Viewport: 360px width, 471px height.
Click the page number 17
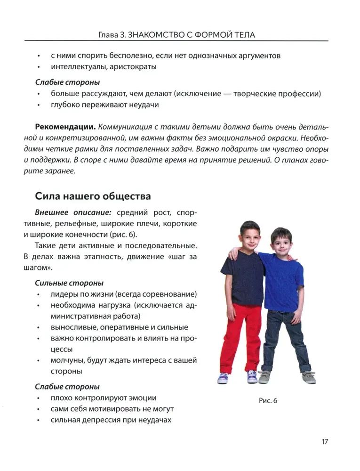pyautogui.click(x=325, y=441)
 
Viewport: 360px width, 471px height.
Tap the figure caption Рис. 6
pyautogui.click(x=268, y=400)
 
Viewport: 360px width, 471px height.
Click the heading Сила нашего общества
pyautogui.click(x=93, y=196)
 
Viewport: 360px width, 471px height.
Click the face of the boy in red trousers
pyautogui.click(x=248, y=238)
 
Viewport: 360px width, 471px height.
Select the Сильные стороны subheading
pyautogui.click(x=69, y=283)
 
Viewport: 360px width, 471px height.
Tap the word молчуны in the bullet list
pyautogui.click(x=66, y=360)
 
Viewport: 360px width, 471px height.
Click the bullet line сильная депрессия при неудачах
pyautogui.click(x=111, y=420)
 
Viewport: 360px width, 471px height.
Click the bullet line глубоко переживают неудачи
pyautogui.click(x=104, y=105)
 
